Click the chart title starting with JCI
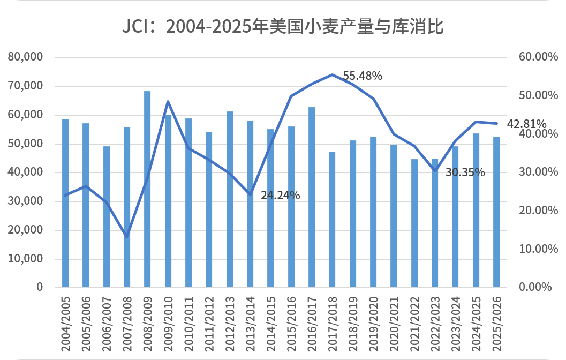pyautogui.click(x=283, y=26)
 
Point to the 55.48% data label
pyautogui.click(x=363, y=76)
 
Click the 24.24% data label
pyautogui.click(x=280, y=196)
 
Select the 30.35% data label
pyautogui.click(x=465, y=172)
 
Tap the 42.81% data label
pyautogui.click(x=526, y=124)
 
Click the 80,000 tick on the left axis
pyautogui.click(x=26, y=57)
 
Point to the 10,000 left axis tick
pyautogui.click(x=26, y=259)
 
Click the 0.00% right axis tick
pyautogui.click(x=535, y=287)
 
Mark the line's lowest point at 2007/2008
pyautogui.click(x=127, y=236)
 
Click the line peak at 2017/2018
pyautogui.click(x=332, y=74)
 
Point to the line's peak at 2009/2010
pyautogui.click(x=168, y=101)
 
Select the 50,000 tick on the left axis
pyautogui.click(x=26, y=144)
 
